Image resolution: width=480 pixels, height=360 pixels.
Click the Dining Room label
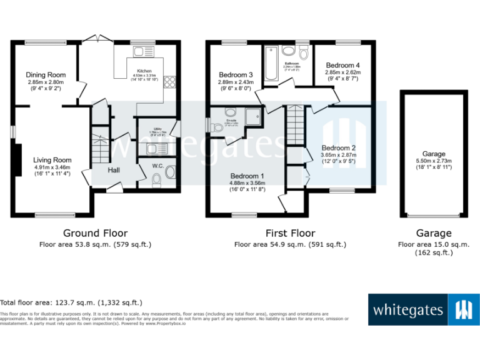coord(46,75)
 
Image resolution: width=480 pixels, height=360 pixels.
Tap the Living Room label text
coord(52,160)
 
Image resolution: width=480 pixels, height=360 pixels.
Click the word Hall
coord(113,170)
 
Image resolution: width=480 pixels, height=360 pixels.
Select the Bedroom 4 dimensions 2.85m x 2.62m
coord(343,72)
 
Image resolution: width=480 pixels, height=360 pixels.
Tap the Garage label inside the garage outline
coord(434,154)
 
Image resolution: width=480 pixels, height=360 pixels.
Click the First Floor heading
coord(290,233)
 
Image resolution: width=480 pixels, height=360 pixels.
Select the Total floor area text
coord(71,302)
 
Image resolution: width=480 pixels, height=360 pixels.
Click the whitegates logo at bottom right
coord(422,309)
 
